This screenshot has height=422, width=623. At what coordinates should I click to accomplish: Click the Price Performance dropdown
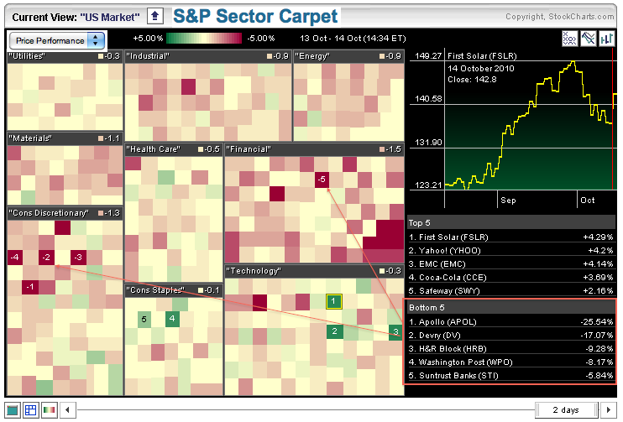click(x=56, y=40)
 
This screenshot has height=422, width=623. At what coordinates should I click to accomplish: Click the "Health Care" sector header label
click(x=153, y=149)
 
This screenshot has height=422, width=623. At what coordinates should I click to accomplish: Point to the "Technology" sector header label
click(x=254, y=271)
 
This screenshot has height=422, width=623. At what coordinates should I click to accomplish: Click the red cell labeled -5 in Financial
click(x=322, y=180)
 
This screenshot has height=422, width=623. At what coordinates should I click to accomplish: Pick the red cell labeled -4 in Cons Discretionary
click(x=14, y=257)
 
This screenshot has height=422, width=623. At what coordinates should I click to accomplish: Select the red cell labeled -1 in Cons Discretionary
click(x=30, y=288)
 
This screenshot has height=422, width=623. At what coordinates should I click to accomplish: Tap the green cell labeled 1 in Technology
click(x=333, y=301)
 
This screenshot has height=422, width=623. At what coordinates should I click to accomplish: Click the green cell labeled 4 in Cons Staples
click(x=171, y=318)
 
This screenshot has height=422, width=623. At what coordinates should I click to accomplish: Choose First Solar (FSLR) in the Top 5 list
click(x=448, y=237)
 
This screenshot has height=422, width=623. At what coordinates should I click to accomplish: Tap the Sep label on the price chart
click(x=507, y=201)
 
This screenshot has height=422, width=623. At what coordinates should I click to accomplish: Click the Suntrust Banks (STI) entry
click(x=454, y=375)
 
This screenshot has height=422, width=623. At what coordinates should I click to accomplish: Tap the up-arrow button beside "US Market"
click(x=155, y=16)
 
